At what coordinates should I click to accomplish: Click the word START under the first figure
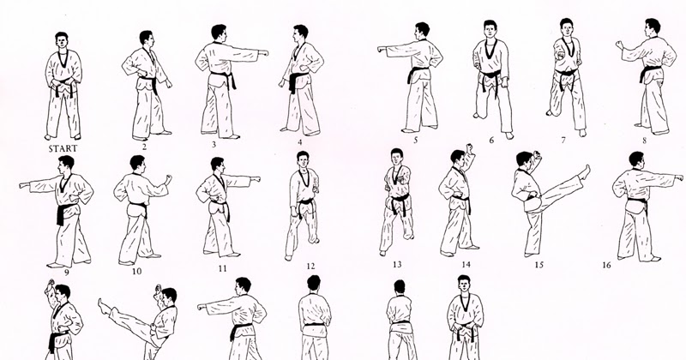63,148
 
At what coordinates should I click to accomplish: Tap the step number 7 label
563,141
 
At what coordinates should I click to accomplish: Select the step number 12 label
310,266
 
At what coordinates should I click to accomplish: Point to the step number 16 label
606,265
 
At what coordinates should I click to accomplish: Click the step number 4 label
299,142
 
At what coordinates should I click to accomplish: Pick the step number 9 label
67,272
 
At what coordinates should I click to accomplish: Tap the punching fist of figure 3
263,53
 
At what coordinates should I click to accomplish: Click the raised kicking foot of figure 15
585,172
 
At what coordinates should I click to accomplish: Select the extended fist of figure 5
382,49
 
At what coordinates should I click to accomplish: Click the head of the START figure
62,41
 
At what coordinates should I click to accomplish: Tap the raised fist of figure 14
469,148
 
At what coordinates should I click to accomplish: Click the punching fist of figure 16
678,178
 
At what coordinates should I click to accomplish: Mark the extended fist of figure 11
256,179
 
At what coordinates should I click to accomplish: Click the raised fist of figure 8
619,45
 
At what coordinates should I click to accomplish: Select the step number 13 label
397,264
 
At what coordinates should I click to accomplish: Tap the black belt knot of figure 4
292,80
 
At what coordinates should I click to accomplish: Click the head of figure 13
397,158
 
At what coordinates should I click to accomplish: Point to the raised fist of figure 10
167,179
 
